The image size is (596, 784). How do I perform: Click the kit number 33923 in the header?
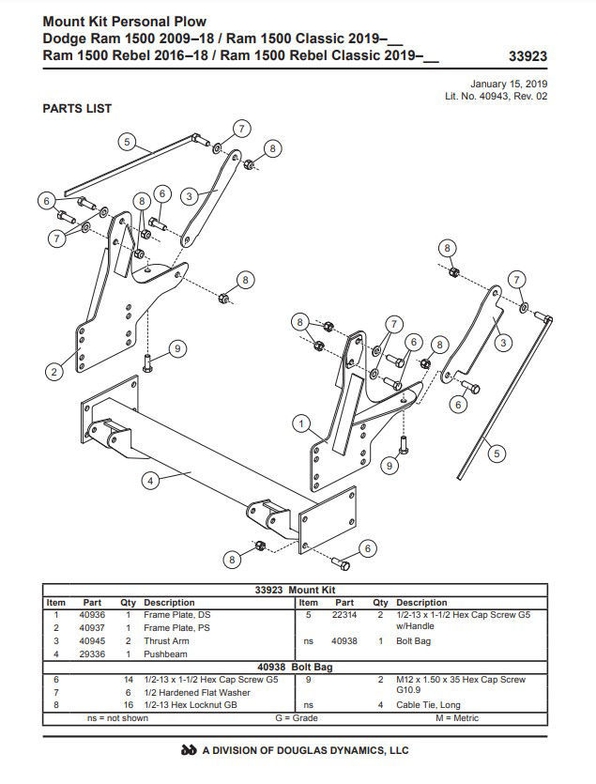coord(528,56)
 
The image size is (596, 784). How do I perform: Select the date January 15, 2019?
coord(509,84)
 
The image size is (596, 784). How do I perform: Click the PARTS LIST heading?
coord(77,109)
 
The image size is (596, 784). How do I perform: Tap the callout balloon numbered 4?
coord(150,481)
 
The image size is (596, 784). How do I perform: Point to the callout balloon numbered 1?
coord(301,424)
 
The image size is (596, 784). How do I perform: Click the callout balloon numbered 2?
coord(54,372)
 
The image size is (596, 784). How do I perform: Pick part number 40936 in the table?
coord(92,615)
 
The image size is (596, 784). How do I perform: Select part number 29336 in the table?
coord(92,654)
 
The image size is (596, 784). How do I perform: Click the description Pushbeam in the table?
coord(165,654)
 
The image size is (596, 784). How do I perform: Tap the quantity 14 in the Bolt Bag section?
coord(129,680)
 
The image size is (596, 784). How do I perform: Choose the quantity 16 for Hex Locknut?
coord(129,705)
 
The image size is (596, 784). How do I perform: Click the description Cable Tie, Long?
coord(428,705)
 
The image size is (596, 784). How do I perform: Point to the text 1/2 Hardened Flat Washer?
coord(197,693)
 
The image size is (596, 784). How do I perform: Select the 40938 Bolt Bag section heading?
coord(295,667)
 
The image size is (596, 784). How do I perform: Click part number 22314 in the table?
coord(344,615)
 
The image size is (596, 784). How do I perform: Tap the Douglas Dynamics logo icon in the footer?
coord(189,750)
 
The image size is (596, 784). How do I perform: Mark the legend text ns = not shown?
coord(117,718)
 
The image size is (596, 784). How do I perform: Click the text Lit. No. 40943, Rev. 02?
coord(496,96)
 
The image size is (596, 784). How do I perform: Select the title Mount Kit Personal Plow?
coord(125,22)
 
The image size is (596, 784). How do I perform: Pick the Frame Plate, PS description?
coord(176,628)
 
